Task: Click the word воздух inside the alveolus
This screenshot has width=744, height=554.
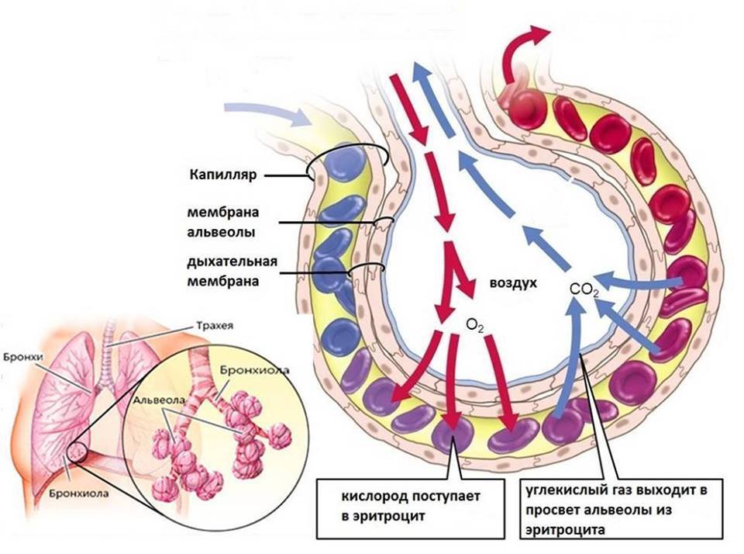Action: tap(512, 284)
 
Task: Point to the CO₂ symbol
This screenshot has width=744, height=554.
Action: tap(584, 290)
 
